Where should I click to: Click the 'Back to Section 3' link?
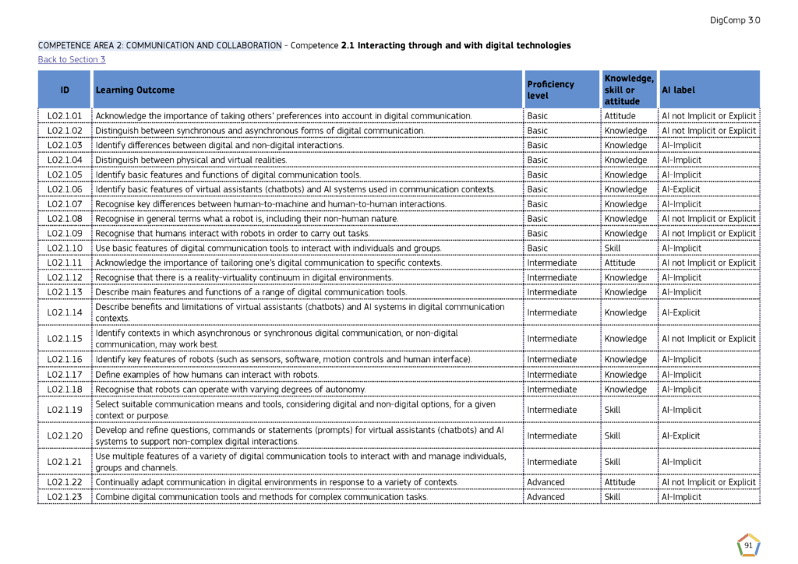pyautogui.click(x=72, y=60)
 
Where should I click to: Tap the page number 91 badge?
pyautogui.click(x=748, y=546)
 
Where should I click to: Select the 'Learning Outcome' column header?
pyautogui.click(x=135, y=90)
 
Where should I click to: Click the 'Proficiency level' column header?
pyautogui.click(x=550, y=90)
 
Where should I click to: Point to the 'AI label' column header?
pyautogui.click(x=678, y=90)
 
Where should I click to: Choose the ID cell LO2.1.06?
pyautogui.click(x=65, y=189)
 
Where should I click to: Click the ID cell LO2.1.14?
pyautogui.click(x=65, y=313)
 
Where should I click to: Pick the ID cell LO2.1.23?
pyautogui.click(x=65, y=497)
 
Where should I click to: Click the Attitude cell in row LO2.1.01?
pyautogui.click(x=620, y=116)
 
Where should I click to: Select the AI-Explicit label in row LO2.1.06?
pyautogui.click(x=681, y=189)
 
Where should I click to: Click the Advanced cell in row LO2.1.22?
pyautogui.click(x=546, y=482)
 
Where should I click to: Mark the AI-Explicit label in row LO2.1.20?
pyautogui.click(x=681, y=436)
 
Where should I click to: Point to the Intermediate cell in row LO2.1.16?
pyautogui.click(x=552, y=360)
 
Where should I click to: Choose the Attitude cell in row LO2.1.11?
pyautogui.click(x=620, y=263)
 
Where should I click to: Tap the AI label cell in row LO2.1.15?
pyautogui.click(x=708, y=339)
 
